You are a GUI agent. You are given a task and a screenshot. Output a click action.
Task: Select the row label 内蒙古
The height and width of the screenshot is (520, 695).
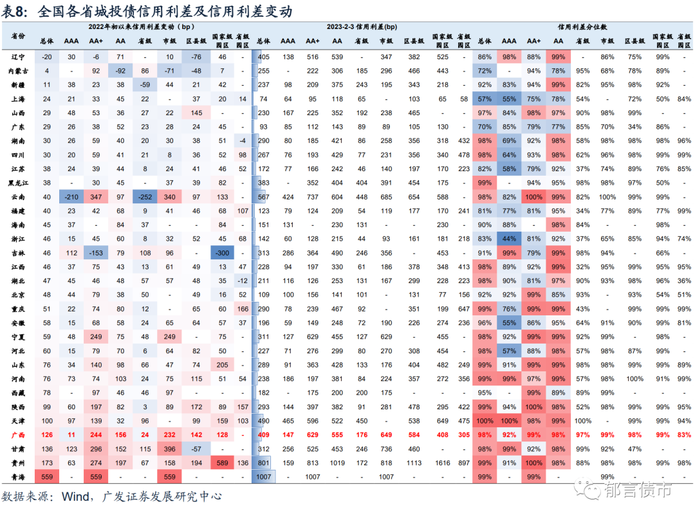click(x=19, y=71)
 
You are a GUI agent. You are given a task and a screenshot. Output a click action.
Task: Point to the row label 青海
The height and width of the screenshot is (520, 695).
click(x=19, y=476)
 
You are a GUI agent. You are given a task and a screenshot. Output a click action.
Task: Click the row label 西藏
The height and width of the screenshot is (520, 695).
click(x=19, y=392)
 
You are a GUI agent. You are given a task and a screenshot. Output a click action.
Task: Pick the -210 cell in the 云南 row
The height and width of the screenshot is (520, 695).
click(x=71, y=197)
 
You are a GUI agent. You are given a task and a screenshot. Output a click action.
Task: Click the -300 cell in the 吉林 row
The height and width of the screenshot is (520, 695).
click(x=223, y=253)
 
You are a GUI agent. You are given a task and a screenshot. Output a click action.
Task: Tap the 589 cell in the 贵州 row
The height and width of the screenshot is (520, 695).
click(x=223, y=463)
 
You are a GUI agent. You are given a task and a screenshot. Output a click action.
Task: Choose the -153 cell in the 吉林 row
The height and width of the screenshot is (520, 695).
click(x=96, y=253)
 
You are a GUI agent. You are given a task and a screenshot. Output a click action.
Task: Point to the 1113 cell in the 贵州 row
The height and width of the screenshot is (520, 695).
click(x=414, y=463)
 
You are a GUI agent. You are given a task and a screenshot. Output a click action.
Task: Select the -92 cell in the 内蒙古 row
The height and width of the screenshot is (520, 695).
click(x=120, y=71)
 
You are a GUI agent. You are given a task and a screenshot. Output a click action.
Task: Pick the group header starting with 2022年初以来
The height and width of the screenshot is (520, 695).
click(x=141, y=27)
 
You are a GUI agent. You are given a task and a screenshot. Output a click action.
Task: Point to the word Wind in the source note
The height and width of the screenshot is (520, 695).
click(x=76, y=496)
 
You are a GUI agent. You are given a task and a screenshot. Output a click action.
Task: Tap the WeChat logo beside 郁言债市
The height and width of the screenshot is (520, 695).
click(x=587, y=490)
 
